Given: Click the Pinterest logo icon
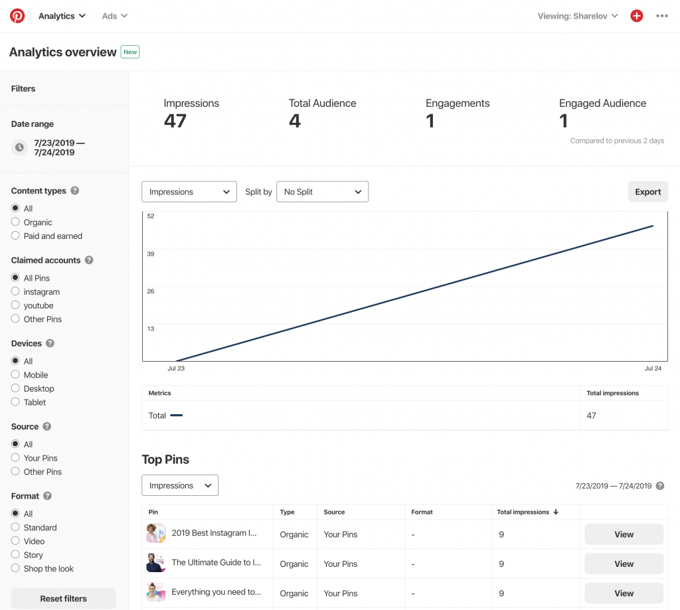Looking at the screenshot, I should pyautogui.click(x=17, y=16).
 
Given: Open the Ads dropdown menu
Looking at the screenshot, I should pyautogui.click(x=114, y=16).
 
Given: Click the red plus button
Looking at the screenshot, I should pyautogui.click(x=636, y=16).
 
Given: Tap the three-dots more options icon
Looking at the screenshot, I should pyautogui.click(x=661, y=16).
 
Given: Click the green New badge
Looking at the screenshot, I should pyautogui.click(x=130, y=52).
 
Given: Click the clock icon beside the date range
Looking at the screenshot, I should pyautogui.click(x=20, y=147).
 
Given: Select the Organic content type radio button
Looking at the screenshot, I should pyautogui.click(x=15, y=222).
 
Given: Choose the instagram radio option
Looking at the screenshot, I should pyautogui.click(x=15, y=292).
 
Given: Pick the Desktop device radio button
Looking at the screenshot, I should pyautogui.click(x=15, y=389).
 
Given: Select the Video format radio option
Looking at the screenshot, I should pyautogui.click(x=15, y=542).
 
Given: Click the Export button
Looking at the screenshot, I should pyautogui.click(x=647, y=192).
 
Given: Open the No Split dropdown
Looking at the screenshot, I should pyautogui.click(x=322, y=192).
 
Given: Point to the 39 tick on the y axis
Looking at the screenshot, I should pyautogui.click(x=151, y=254).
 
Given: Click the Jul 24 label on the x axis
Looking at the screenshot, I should pyautogui.click(x=653, y=368).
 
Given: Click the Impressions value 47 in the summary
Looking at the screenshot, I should pyautogui.click(x=175, y=121).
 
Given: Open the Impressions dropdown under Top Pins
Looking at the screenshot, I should pyautogui.click(x=180, y=485).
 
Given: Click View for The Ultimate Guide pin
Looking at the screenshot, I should pyautogui.click(x=624, y=564).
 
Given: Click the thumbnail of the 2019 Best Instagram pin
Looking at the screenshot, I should pyautogui.click(x=155, y=534).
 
